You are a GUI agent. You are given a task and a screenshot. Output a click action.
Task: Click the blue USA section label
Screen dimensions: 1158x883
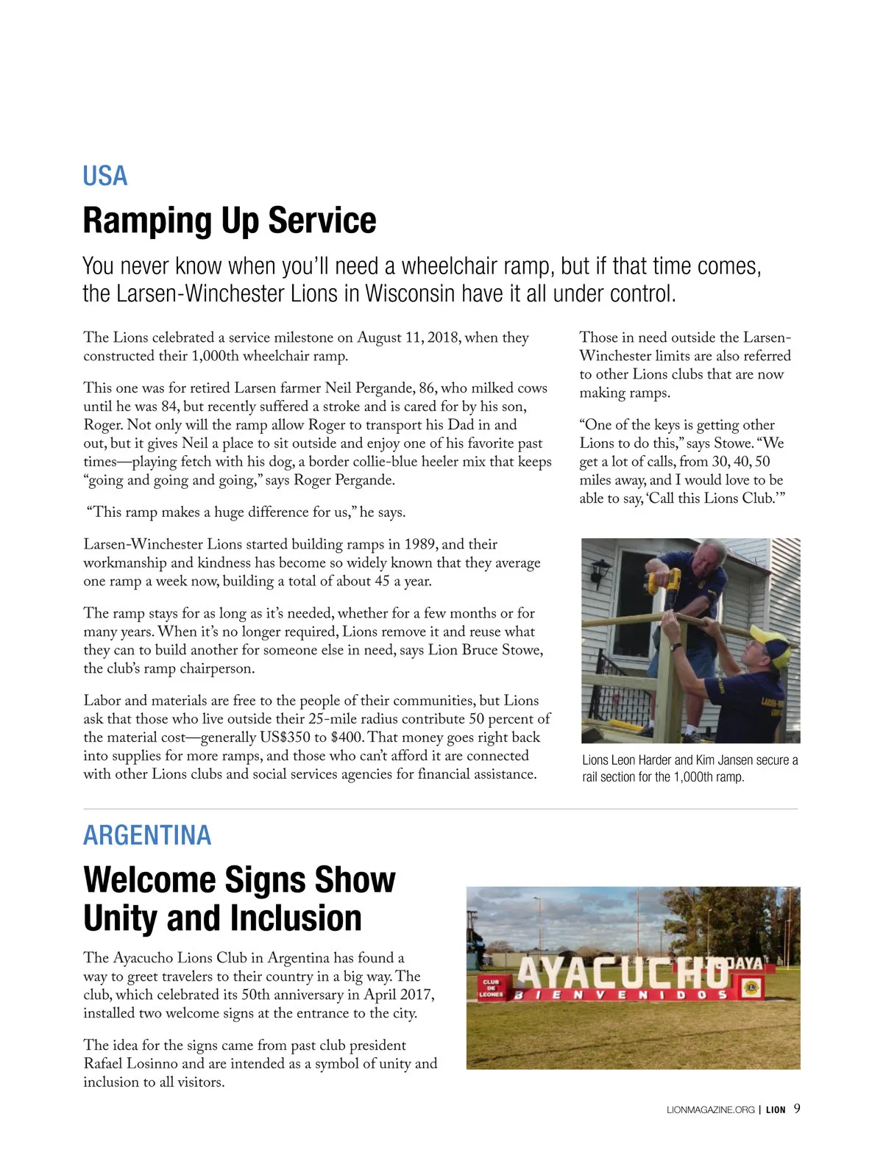pos(104,176)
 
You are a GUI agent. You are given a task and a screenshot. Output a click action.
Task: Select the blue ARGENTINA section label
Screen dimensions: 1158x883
pos(147,835)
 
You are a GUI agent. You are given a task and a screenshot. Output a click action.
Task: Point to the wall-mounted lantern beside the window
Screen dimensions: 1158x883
pos(600,571)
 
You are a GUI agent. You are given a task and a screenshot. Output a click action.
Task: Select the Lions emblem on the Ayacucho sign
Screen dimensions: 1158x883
pos(750,987)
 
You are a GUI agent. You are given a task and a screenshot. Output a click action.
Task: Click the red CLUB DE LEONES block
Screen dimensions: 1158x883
pos(491,988)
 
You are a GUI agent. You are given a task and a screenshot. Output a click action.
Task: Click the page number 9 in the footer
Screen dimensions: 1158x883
pos(797,1109)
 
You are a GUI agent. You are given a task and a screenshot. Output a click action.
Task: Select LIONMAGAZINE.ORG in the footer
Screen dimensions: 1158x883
pos(710,1110)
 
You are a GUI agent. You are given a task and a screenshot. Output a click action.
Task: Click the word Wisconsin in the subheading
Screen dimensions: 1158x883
pos(411,293)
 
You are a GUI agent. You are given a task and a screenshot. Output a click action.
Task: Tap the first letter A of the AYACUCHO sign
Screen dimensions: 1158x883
pos(531,974)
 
